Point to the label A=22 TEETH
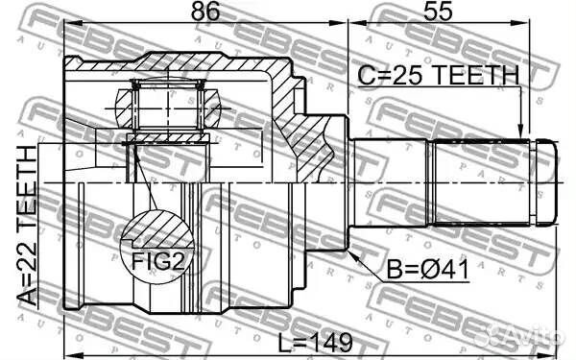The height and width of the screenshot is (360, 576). click(30, 225)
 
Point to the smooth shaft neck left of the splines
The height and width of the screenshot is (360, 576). click(394, 182)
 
